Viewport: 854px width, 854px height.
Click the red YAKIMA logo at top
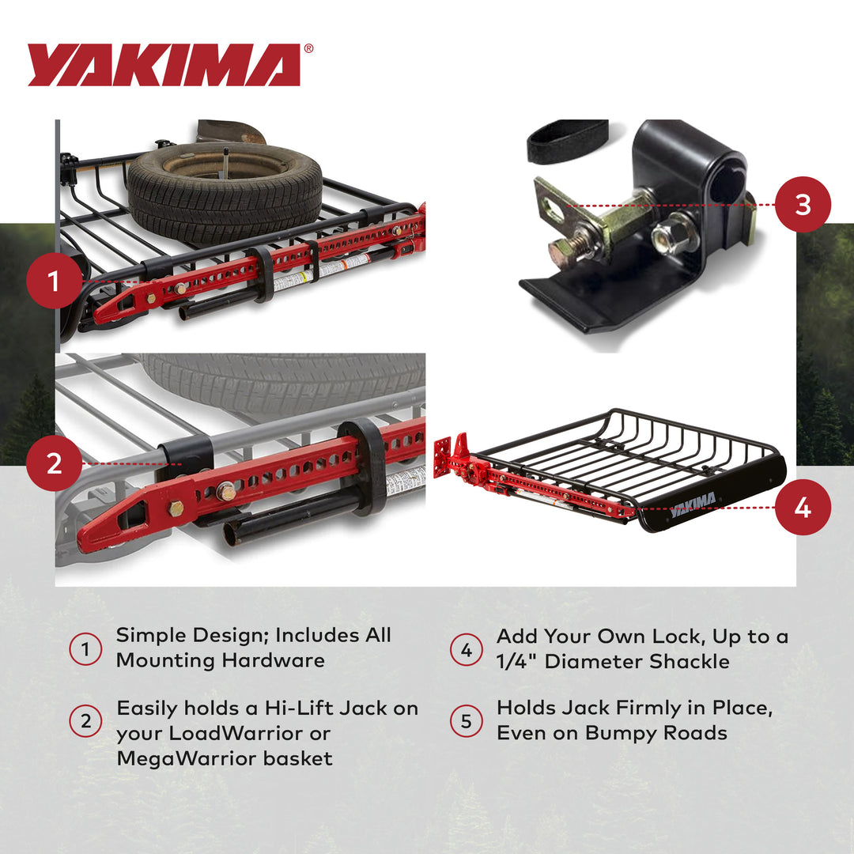[164, 65]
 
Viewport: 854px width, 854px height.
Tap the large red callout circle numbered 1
[54, 281]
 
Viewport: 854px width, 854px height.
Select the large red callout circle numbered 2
[54, 463]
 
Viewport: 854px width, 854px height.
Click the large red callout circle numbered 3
[803, 204]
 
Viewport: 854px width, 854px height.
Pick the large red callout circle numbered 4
[803, 507]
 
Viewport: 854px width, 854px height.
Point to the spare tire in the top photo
[225, 190]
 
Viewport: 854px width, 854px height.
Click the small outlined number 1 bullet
[85, 650]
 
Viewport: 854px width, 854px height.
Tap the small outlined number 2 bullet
[85, 721]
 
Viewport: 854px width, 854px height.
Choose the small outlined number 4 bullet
[466, 650]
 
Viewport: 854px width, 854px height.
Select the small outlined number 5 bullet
[466, 721]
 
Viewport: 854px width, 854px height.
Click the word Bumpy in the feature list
[618, 733]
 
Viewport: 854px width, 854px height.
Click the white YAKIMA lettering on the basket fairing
[693, 504]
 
